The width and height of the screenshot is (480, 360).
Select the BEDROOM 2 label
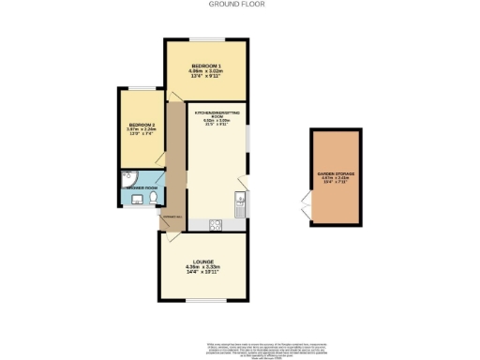tap(141, 125)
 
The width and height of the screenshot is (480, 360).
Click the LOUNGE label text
tap(203, 262)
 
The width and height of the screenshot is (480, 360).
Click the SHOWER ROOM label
tap(138, 188)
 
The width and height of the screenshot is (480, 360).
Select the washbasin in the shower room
tap(126, 200)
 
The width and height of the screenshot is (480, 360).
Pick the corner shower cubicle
tap(127, 177)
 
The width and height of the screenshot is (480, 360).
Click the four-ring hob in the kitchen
tap(215, 223)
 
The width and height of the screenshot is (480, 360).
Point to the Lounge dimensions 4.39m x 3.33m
tap(203, 268)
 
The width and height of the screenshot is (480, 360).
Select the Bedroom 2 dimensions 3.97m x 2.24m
tap(141, 131)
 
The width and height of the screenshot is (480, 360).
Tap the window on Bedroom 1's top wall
tap(206, 38)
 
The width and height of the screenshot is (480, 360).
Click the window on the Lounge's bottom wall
tap(203, 301)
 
